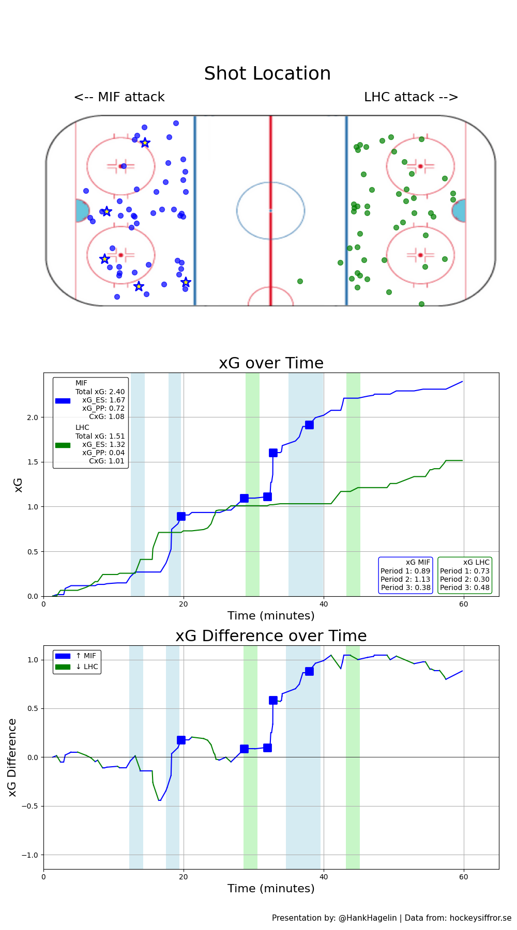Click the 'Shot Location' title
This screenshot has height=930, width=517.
[x=267, y=73]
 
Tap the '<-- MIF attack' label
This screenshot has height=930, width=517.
[x=119, y=97]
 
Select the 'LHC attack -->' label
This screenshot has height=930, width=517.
[x=411, y=97]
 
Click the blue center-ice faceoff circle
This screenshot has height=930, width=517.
[x=270, y=210]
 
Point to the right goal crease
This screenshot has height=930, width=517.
[x=459, y=211]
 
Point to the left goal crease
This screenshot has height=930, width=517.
[x=82, y=211]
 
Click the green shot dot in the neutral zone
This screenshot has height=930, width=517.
[x=300, y=281]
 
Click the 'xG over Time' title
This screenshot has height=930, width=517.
[x=271, y=363]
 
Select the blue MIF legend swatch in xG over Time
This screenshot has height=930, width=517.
[x=63, y=400]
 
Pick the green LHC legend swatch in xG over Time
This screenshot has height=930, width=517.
[x=63, y=445]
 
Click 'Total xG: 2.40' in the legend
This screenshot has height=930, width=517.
[x=100, y=392]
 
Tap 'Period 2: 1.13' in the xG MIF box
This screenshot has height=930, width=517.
[x=405, y=579]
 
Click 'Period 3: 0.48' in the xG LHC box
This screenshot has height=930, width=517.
[x=464, y=587]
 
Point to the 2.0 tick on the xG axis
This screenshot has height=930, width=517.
[x=32, y=417]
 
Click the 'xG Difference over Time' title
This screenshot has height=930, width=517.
[x=271, y=636]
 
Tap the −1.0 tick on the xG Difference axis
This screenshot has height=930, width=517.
[x=29, y=855]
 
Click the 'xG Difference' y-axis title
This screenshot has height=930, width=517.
[x=12, y=757]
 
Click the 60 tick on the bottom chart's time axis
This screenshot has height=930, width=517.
[x=464, y=877]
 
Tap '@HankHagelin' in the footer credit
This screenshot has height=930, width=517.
[x=368, y=918]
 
